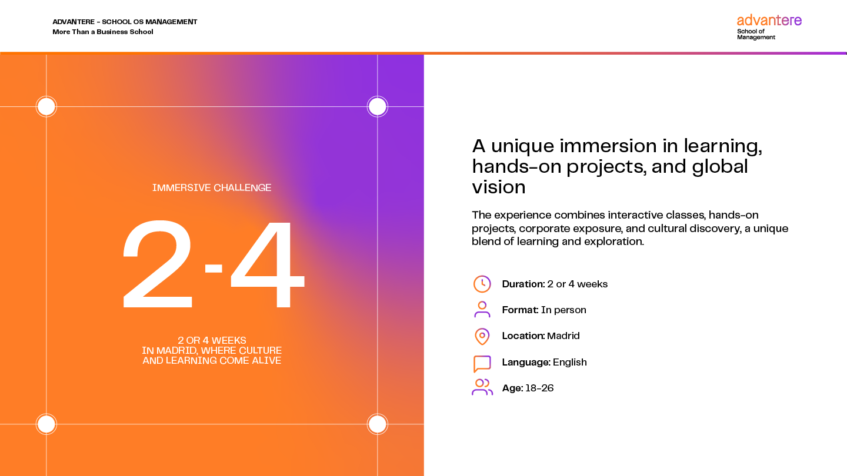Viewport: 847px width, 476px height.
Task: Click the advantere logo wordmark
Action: tap(769, 20)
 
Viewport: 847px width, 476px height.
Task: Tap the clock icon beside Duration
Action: tap(482, 284)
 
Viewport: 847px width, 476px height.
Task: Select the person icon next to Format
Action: tap(482, 309)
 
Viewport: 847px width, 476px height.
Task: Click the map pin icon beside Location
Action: tap(482, 336)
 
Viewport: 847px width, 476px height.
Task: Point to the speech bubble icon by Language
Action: tap(482, 364)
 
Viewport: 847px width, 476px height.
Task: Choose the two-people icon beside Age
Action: tap(482, 387)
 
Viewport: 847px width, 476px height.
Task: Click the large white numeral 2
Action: tap(158, 264)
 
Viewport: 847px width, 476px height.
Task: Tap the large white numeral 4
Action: tap(268, 264)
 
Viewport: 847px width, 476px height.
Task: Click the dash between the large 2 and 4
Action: tap(214, 268)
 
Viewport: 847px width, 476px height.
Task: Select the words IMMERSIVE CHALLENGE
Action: tap(212, 188)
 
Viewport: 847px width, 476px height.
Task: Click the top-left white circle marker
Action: tap(46, 106)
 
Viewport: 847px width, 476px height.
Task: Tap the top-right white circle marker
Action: tap(378, 106)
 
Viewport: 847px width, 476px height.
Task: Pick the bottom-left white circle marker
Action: tap(46, 424)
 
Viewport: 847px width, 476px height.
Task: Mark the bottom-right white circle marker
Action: tap(378, 424)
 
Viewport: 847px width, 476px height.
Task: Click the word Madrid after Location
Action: tap(563, 336)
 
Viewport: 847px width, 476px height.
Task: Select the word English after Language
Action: tap(570, 362)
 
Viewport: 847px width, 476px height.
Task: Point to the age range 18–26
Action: tap(539, 388)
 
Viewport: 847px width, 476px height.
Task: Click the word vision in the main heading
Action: tap(499, 187)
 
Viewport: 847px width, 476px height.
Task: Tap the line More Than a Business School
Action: tap(103, 32)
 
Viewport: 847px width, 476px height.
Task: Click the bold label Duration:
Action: tap(523, 284)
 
